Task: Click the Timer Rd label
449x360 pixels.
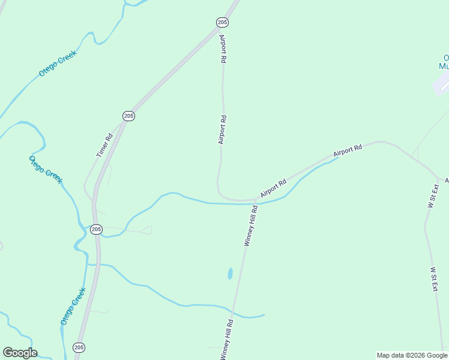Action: point(105,145)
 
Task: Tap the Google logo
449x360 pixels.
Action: point(20,353)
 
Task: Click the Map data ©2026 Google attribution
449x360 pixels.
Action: point(412,355)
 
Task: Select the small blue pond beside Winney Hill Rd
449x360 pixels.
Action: point(230,274)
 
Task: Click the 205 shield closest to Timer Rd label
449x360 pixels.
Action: point(128,115)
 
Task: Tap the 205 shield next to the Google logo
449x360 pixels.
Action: point(79,347)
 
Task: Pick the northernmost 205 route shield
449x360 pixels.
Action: point(222,22)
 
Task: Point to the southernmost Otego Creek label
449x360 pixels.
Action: point(73,306)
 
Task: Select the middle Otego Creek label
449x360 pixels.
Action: point(46,169)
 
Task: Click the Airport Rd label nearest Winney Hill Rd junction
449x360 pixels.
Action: point(274,188)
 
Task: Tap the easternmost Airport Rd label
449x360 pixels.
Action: point(348,151)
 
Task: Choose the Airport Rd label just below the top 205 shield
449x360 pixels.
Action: point(223,49)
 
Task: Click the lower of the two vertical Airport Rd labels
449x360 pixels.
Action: point(222,130)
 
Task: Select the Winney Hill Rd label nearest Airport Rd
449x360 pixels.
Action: point(251,226)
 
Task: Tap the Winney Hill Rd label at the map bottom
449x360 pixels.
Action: point(226,340)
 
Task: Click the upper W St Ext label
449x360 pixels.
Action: point(433,196)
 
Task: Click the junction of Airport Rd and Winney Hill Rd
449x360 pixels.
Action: point(255,200)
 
